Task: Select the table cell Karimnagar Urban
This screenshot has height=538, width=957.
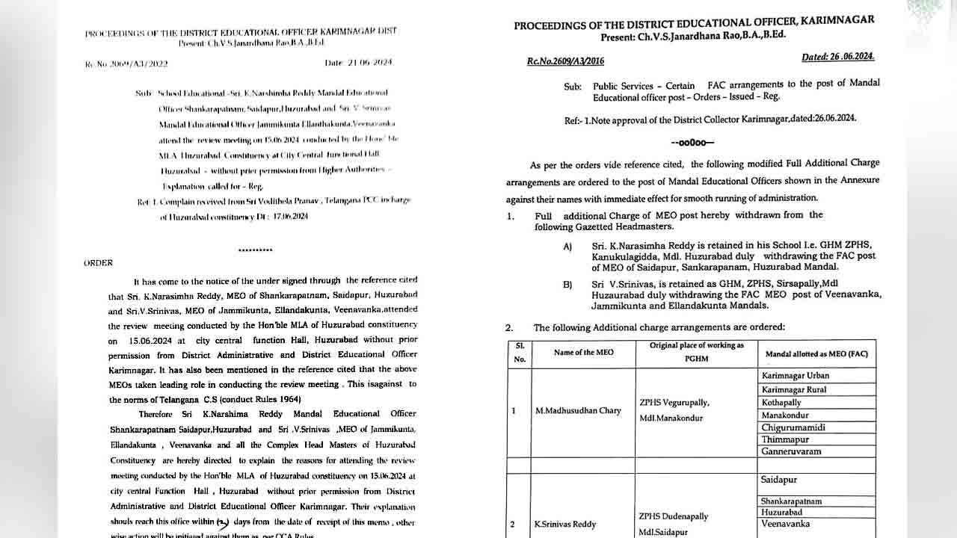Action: [x=795, y=376]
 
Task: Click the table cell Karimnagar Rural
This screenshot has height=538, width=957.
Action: [x=793, y=389]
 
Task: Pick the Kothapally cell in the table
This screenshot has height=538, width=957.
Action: [x=781, y=402]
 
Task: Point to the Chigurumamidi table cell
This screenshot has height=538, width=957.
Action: [x=793, y=427]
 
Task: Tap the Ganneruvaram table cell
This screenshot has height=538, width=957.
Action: [x=791, y=452]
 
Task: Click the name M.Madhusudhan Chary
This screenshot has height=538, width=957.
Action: [x=578, y=411]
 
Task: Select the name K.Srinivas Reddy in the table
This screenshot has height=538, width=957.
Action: [x=566, y=525]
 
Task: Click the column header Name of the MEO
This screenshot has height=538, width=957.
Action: [x=583, y=352]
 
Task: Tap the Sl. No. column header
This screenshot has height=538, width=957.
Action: [x=519, y=352]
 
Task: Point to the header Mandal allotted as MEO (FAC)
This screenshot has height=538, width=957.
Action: [x=816, y=353]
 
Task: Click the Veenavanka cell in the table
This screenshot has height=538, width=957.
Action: [x=785, y=525]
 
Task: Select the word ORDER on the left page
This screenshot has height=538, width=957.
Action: [x=98, y=263]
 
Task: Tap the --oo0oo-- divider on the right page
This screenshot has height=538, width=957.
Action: [x=692, y=143]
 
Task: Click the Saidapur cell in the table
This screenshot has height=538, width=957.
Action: [x=779, y=480]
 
